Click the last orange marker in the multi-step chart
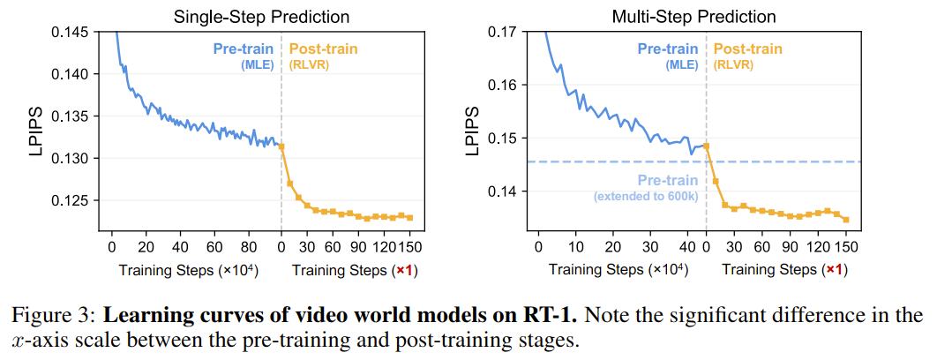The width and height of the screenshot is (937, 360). click(x=845, y=220)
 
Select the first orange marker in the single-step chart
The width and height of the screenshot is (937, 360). click(x=281, y=146)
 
